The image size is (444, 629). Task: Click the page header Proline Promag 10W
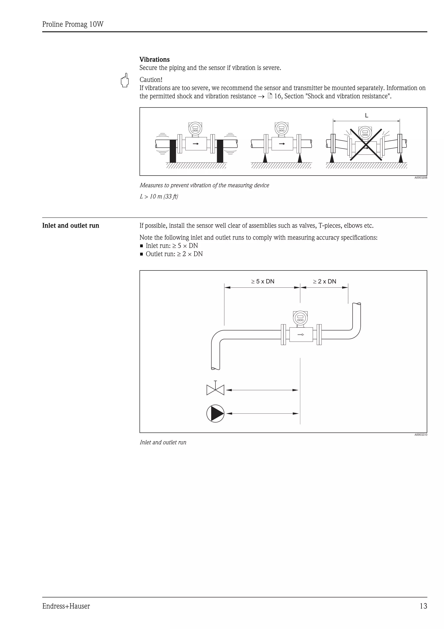(73, 24)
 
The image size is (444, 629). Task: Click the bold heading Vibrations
(154, 59)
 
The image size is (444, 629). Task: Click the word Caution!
(151, 80)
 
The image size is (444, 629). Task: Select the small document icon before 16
(270, 96)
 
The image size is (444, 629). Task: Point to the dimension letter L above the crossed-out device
(366, 116)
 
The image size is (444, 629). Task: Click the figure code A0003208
(420, 178)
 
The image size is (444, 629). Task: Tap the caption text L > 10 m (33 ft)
(159, 196)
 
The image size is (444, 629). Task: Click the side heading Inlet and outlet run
(71, 226)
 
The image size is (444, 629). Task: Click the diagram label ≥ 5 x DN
(263, 281)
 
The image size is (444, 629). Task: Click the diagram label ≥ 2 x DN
(325, 281)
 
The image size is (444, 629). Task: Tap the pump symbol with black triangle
(215, 413)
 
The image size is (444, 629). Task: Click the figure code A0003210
(420, 435)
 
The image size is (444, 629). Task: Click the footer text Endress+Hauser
(66, 606)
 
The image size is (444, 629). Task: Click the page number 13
(423, 606)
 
